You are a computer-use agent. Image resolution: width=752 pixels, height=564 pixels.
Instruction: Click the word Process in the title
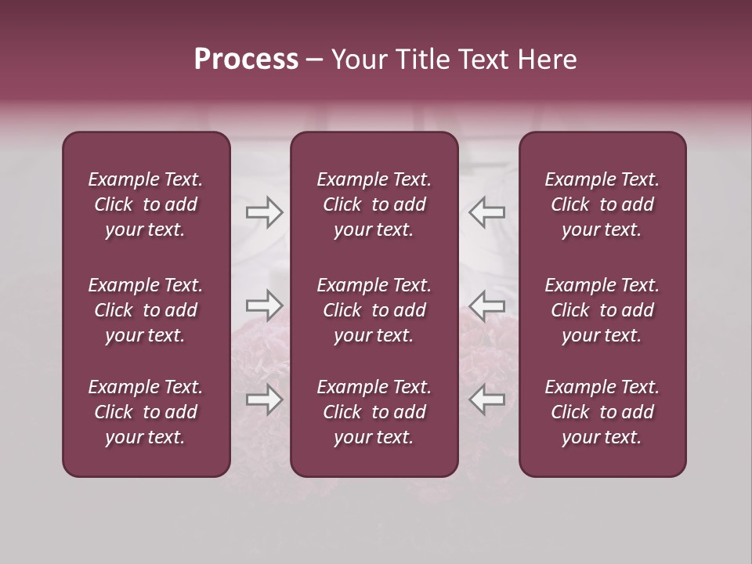[x=246, y=60]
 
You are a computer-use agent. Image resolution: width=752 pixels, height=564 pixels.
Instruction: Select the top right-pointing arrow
[x=265, y=213]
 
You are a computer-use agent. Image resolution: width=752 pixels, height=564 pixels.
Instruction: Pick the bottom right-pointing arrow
[x=265, y=399]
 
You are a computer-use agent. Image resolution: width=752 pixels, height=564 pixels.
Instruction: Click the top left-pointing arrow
[x=486, y=213]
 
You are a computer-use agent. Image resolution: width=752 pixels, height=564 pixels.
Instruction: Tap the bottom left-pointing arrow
[x=486, y=399]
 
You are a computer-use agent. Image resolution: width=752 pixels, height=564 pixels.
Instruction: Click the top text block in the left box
[x=146, y=204]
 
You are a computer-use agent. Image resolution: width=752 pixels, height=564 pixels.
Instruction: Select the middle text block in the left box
[x=146, y=310]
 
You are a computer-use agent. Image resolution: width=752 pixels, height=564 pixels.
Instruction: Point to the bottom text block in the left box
[x=146, y=412]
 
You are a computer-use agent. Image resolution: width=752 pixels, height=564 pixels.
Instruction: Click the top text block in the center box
[x=374, y=204]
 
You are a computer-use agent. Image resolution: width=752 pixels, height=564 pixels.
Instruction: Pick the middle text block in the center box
[x=374, y=310]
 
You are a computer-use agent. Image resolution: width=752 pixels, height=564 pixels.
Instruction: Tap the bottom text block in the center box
[x=374, y=412]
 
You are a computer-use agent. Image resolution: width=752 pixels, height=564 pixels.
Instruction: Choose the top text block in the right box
[x=602, y=204]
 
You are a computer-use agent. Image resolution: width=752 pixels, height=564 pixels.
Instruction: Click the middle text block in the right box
[x=602, y=310]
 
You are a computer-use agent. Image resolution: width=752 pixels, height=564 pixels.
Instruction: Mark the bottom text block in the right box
[x=602, y=412]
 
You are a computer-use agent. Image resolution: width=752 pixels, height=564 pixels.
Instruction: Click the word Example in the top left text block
[x=123, y=180]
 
